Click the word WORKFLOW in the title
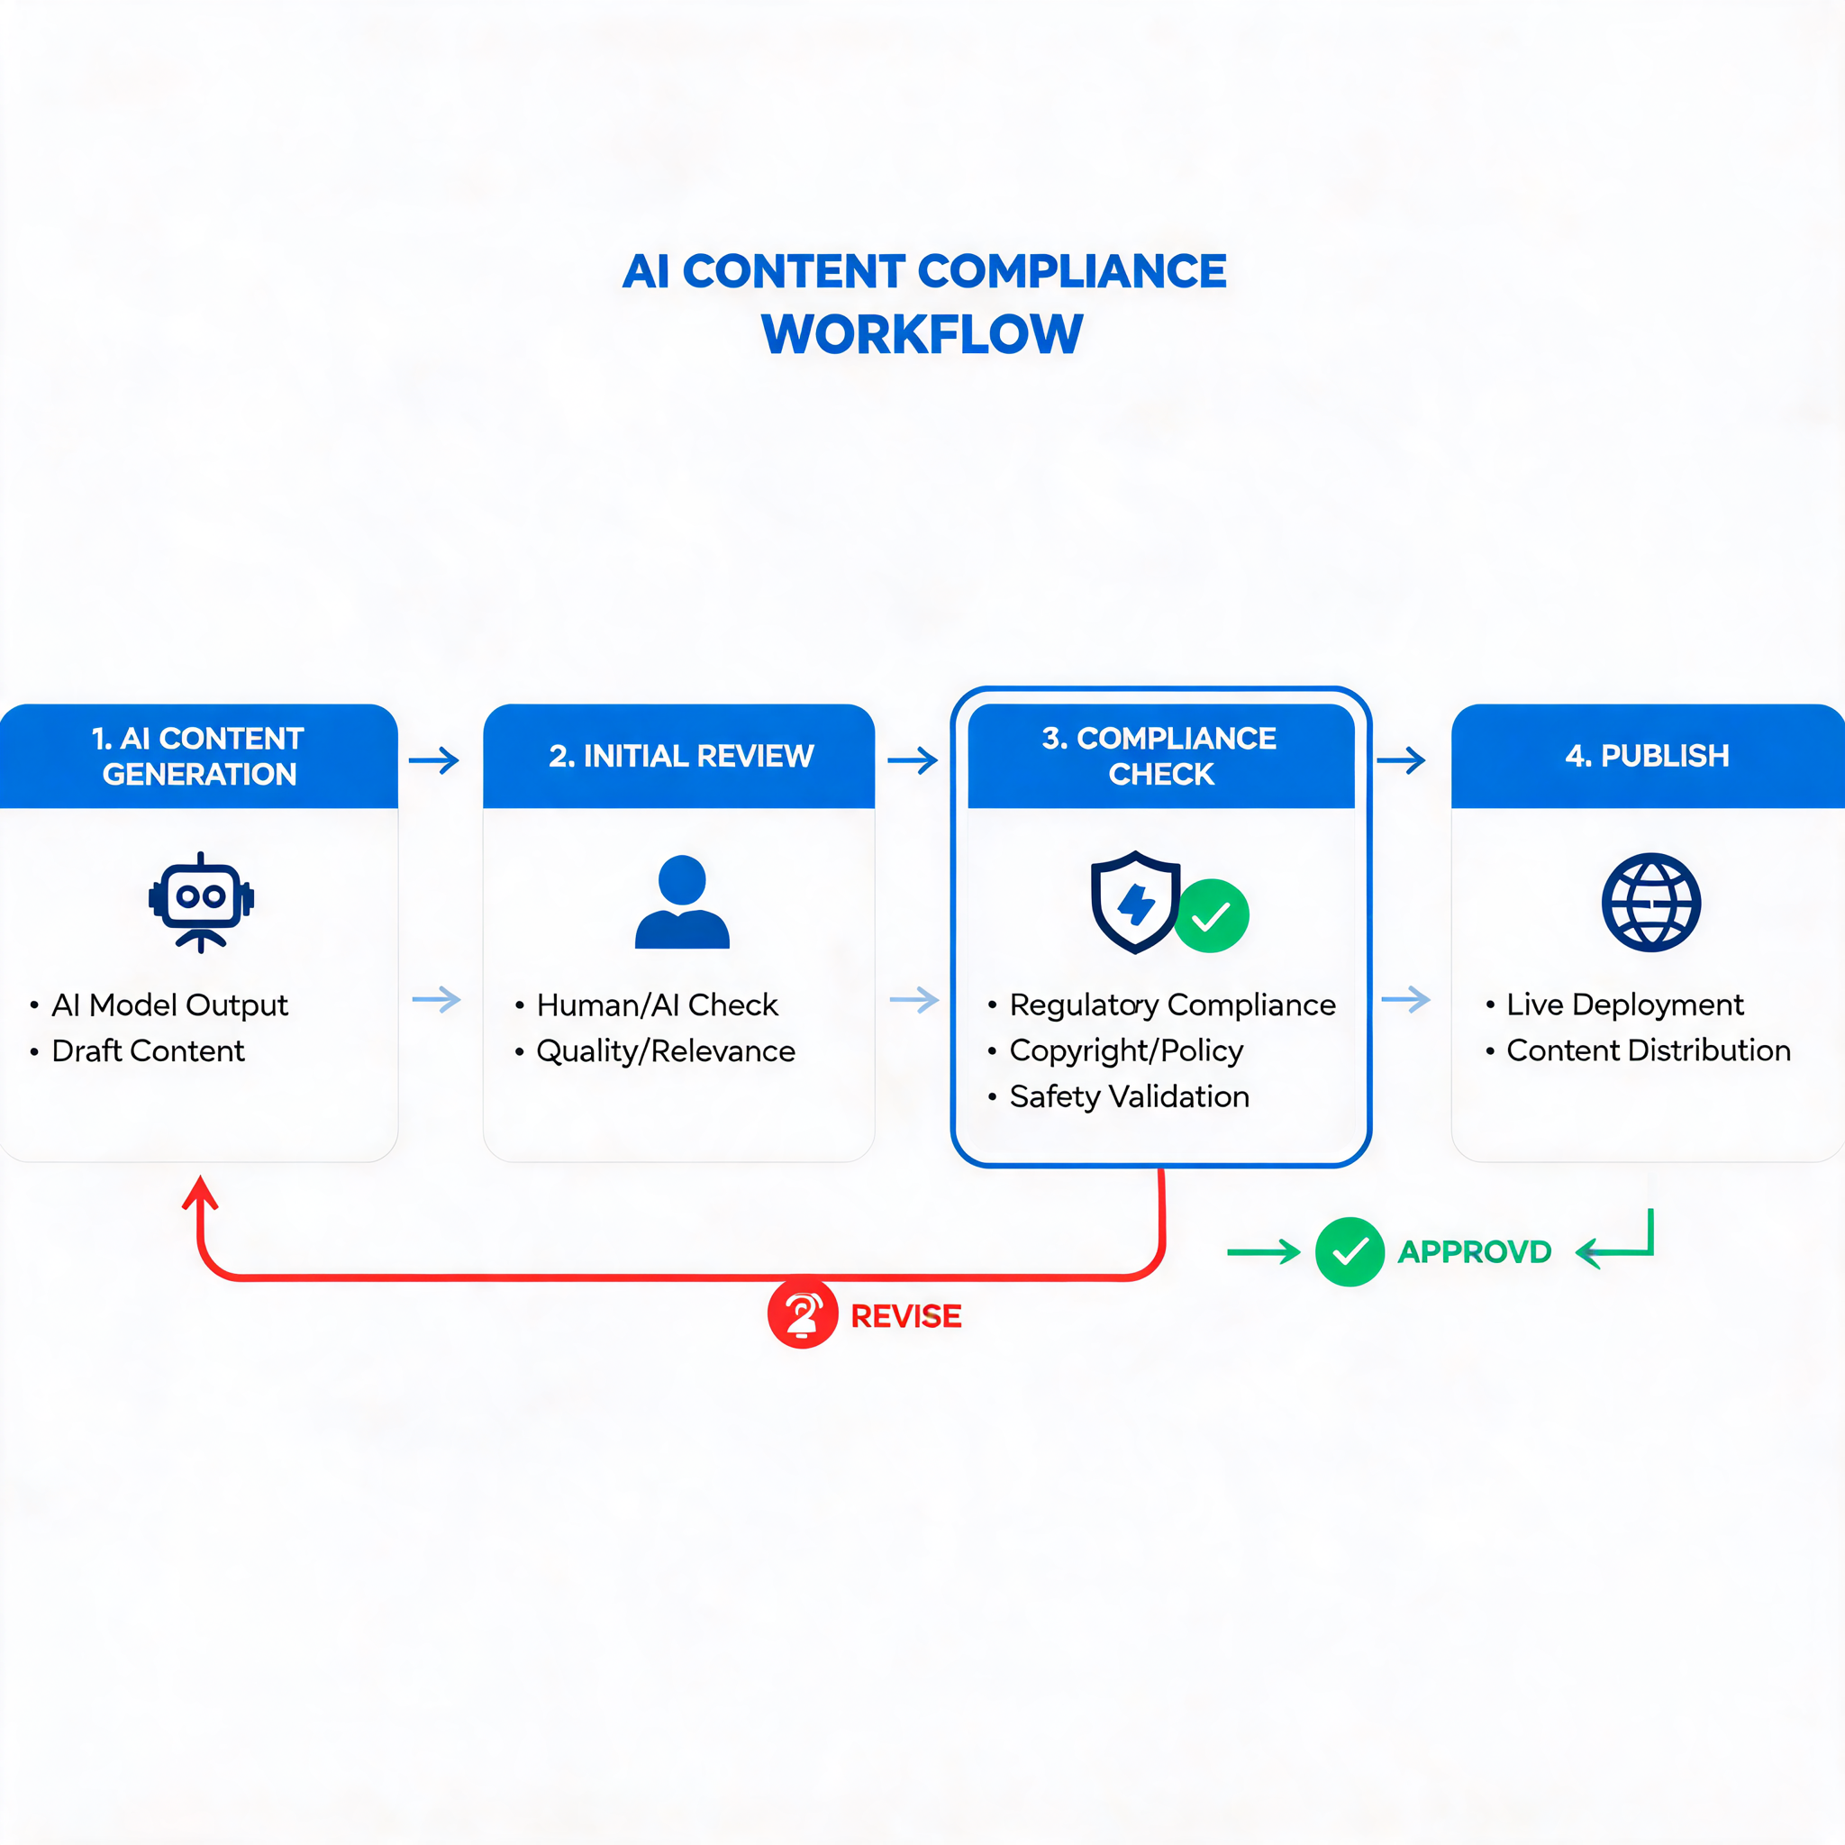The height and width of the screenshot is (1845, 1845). pyautogui.click(x=922, y=334)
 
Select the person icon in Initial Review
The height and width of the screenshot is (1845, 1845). pyautogui.click(x=682, y=902)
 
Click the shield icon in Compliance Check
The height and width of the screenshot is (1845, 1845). pyautogui.click(x=1135, y=902)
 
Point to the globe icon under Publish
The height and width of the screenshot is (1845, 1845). pyautogui.click(x=1651, y=902)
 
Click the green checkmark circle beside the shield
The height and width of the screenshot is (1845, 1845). pyautogui.click(x=1211, y=916)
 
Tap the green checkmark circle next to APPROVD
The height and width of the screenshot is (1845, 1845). pyautogui.click(x=1350, y=1252)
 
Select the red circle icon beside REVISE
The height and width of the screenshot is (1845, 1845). pyautogui.click(x=802, y=1314)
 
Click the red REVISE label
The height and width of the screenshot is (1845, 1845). pyautogui.click(x=905, y=1316)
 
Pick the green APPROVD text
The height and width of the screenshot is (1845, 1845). pyautogui.click(x=1475, y=1252)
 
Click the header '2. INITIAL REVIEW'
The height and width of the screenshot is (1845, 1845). pyautogui.click(x=681, y=757)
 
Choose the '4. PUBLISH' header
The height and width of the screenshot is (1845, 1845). pyautogui.click(x=1648, y=757)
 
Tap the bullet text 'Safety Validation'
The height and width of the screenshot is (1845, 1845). pyautogui.click(x=1129, y=1096)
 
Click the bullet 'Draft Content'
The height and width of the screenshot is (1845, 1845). pyautogui.click(x=148, y=1050)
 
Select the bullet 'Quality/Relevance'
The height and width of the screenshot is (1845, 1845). pyautogui.click(x=666, y=1050)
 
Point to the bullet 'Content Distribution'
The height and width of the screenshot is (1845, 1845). pyautogui.click(x=1649, y=1050)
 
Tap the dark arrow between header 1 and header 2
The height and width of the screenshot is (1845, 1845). pyautogui.click(x=433, y=760)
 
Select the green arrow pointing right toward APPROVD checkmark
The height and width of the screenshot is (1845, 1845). pyautogui.click(x=1263, y=1252)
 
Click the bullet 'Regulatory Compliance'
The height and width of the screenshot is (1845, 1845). pyautogui.click(x=1173, y=1004)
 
